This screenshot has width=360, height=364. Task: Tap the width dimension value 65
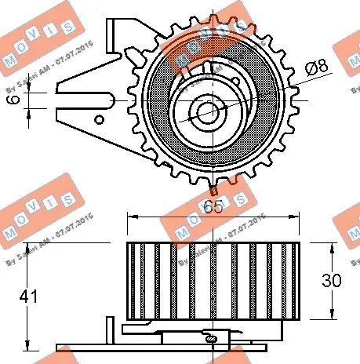click(x=212, y=207)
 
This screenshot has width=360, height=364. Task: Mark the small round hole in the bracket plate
click(x=99, y=120)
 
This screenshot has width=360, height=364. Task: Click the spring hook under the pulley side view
click(x=212, y=337)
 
